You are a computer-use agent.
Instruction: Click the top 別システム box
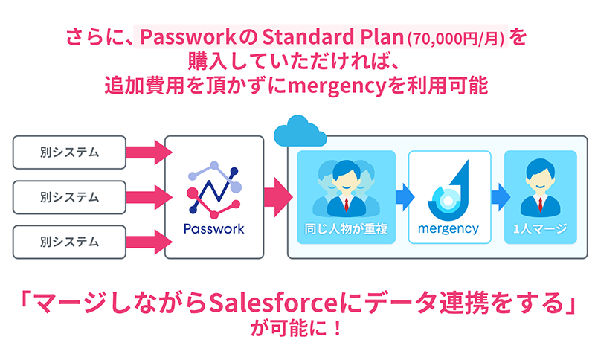tap(69, 152)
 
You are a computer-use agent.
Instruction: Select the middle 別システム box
tap(69, 197)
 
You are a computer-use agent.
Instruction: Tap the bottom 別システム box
tap(69, 242)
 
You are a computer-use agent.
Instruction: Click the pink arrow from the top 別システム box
tap(149, 152)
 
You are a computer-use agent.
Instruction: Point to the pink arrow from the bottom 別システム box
tap(149, 242)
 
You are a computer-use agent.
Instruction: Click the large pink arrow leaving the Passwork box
tap(278, 197)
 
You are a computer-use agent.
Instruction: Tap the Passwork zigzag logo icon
tap(214, 190)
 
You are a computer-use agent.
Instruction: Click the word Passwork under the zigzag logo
tap(214, 229)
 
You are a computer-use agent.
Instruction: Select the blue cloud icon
tap(300, 132)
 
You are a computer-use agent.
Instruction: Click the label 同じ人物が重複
tap(346, 229)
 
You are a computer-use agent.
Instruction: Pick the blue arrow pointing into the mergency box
tap(405, 197)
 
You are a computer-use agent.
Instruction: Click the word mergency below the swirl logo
tap(448, 229)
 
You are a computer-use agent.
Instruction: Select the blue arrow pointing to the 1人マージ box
tap(501, 197)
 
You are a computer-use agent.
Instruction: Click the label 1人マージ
tap(541, 229)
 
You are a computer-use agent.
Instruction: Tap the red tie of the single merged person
tap(541, 205)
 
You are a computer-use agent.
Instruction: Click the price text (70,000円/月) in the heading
tap(457, 39)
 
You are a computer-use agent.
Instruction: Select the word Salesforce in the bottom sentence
tap(273, 303)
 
